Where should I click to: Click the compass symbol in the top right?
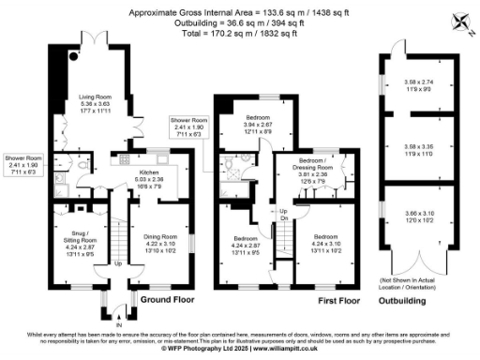pyautogui.click(x=459, y=21)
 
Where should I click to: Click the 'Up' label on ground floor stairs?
pyautogui.click(x=117, y=263)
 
